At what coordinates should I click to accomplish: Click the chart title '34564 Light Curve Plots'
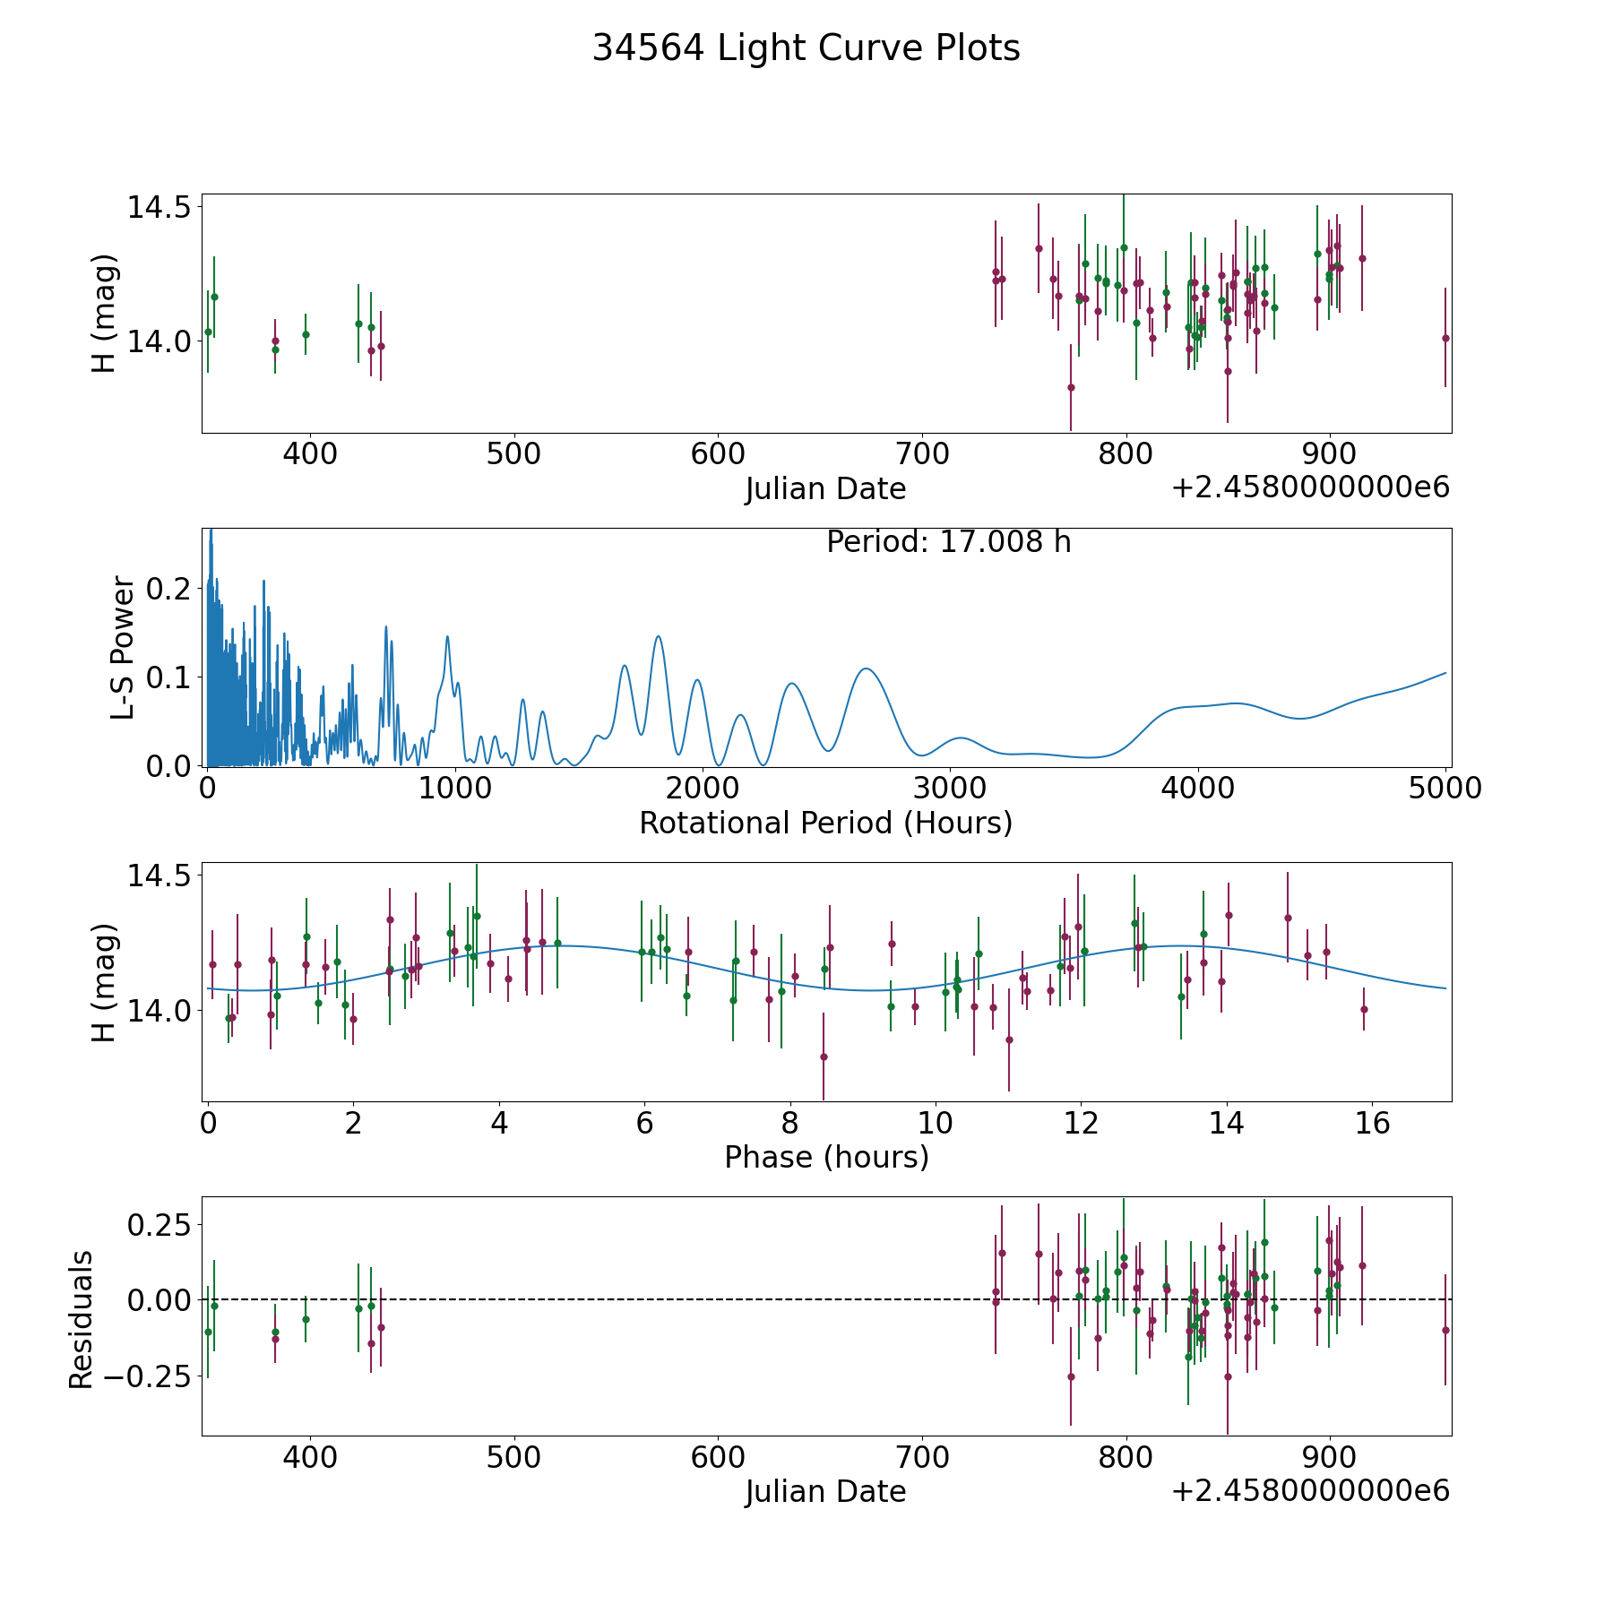[x=806, y=48]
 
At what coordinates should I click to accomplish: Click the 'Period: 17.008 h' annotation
[x=948, y=542]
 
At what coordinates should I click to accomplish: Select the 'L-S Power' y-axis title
[x=123, y=648]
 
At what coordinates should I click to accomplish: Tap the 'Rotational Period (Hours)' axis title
[x=825, y=823]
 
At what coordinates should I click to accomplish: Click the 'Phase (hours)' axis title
[x=826, y=1157]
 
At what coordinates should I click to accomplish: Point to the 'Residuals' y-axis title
[x=81, y=1320]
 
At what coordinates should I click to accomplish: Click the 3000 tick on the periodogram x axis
[x=950, y=788]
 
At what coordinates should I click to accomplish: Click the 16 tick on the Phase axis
[x=1372, y=1122]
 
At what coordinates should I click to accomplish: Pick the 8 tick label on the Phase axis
[x=789, y=1122]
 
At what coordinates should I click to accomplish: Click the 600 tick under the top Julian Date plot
[x=719, y=453]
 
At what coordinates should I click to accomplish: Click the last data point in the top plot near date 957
[x=1445, y=338]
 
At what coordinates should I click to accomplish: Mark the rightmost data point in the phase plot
[x=1364, y=1009]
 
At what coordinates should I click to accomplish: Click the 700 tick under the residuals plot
[x=923, y=1456]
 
